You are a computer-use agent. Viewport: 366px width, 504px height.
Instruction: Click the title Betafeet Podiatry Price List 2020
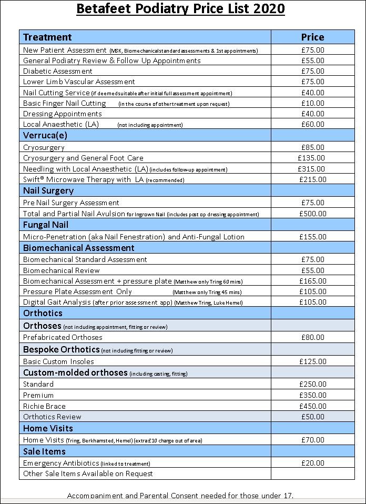click(181, 9)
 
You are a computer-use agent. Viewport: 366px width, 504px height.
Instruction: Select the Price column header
click(312, 37)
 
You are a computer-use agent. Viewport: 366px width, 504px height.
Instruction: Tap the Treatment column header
click(48, 37)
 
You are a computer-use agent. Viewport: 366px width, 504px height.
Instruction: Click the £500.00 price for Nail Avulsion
click(312, 214)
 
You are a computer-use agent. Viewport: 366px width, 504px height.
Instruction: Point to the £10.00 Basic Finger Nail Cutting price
click(312, 103)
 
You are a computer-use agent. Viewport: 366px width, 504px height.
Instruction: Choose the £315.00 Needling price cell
click(312, 169)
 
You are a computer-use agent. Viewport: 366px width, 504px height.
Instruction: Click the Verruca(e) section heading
click(46, 135)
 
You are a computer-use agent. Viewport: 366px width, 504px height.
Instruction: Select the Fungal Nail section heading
click(46, 225)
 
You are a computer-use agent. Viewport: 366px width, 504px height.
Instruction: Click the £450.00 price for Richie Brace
click(312, 406)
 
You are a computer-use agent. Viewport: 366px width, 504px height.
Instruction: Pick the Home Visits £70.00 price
click(312, 439)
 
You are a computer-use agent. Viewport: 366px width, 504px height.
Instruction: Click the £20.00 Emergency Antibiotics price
click(312, 463)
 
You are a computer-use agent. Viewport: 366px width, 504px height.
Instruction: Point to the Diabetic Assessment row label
click(58, 71)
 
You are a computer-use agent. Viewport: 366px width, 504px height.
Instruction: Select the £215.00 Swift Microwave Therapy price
click(312, 179)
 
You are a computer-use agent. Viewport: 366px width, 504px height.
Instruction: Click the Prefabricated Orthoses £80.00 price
click(312, 337)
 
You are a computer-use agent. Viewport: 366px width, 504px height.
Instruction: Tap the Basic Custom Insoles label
click(58, 361)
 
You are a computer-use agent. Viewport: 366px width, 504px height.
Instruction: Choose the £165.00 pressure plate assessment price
click(312, 281)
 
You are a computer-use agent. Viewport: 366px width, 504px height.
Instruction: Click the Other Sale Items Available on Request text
click(88, 473)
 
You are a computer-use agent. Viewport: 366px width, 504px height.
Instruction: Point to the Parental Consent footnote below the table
click(180, 496)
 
